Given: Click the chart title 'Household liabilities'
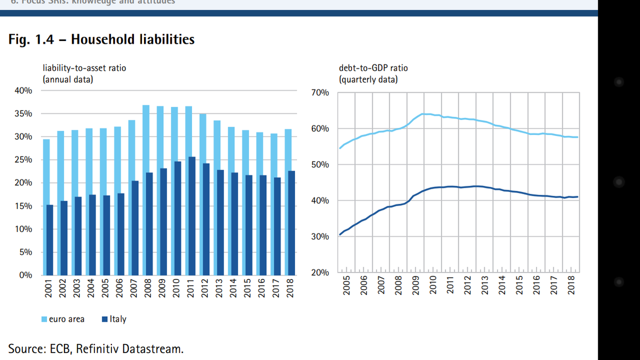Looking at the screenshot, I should click(x=133, y=39).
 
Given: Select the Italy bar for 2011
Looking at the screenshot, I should click(x=191, y=216).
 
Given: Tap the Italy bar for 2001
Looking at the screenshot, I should click(x=50, y=240).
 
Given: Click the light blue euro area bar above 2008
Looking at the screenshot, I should click(x=146, y=139).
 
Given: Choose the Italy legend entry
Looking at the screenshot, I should click(x=114, y=319).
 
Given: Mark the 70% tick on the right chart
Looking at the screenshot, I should click(x=320, y=93).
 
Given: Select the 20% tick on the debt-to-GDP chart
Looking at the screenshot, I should click(x=320, y=273).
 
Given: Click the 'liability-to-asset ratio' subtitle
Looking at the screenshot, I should click(x=84, y=68).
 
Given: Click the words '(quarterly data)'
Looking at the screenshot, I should click(x=368, y=80).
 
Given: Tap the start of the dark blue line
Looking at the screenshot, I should click(x=340, y=234).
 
